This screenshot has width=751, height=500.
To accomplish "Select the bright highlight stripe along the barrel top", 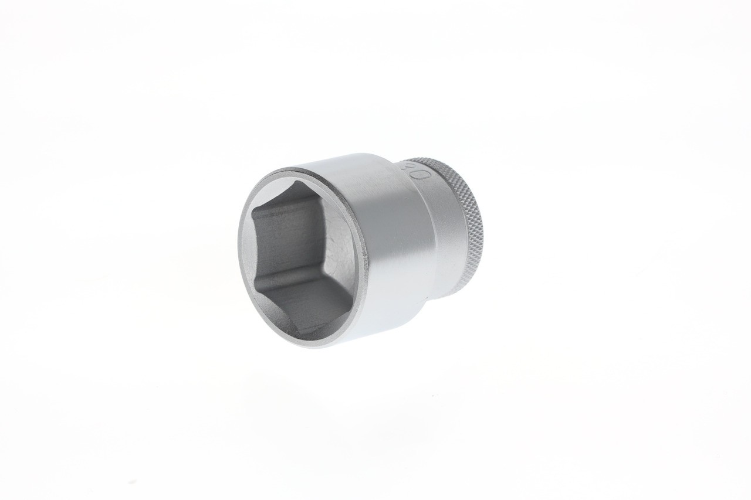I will [x=352, y=161].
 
